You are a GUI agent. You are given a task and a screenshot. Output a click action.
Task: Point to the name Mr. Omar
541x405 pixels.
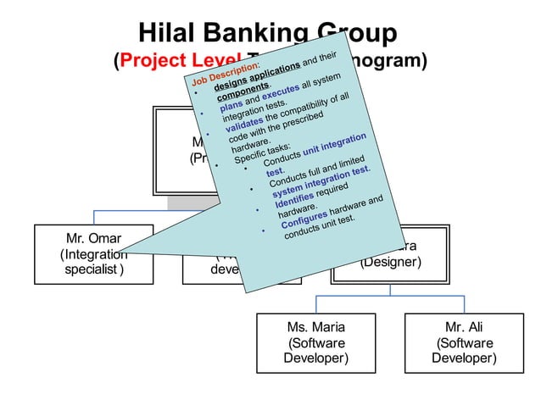(93, 238)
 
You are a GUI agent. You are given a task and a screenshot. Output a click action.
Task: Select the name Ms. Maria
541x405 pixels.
(317, 325)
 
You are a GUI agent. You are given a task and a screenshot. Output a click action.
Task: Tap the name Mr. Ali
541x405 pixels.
(464, 325)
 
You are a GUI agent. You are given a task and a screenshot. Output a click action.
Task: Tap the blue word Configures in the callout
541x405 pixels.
(302, 217)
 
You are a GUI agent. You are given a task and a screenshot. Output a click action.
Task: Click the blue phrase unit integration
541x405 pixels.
(334, 145)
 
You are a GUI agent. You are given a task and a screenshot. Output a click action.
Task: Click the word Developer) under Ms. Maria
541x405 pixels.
(316, 358)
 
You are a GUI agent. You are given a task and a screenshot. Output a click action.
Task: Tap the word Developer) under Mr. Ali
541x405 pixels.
(464, 358)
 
